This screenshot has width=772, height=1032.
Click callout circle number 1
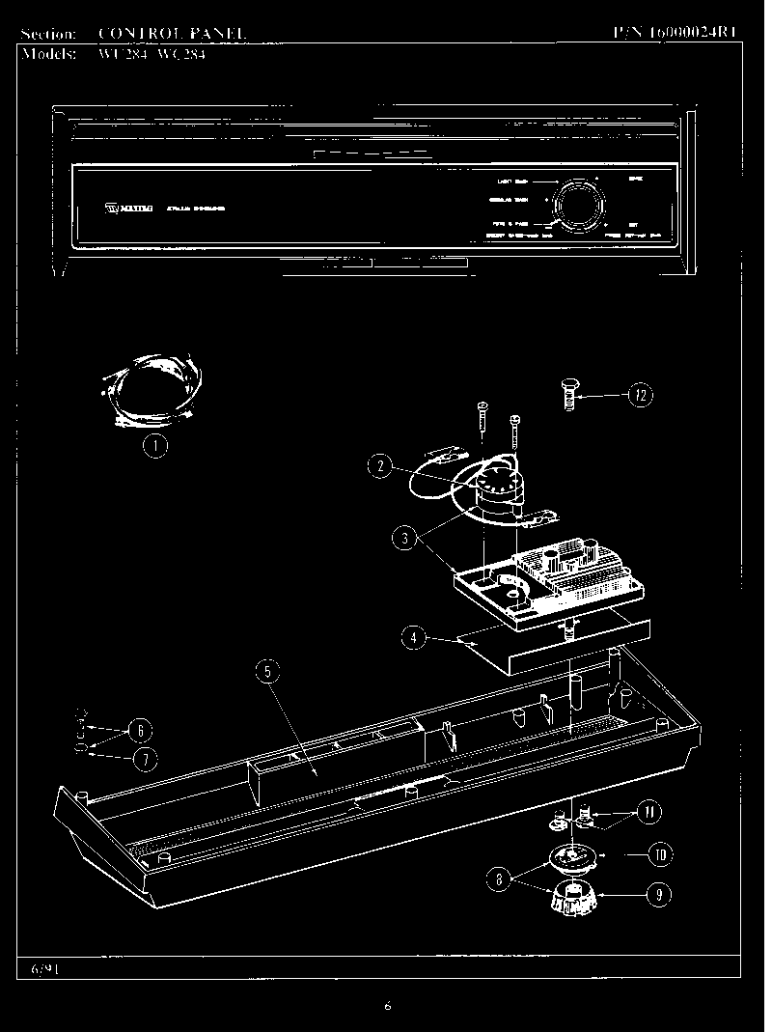154,445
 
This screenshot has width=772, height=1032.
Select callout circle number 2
380,466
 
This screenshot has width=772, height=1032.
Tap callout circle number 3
405,538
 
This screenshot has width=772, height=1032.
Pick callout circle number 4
413,638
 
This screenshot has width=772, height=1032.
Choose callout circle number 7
144,760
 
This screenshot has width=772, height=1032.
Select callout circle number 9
657,894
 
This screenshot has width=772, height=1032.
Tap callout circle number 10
659,854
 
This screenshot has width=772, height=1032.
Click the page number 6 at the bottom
387,1006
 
